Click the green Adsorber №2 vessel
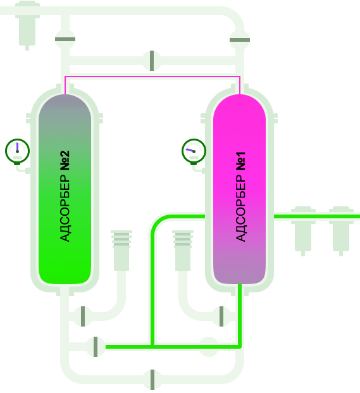coord(65,189)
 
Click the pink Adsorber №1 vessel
coord(240,189)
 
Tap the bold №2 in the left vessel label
coord(65,161)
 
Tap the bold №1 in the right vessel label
coord(241,161)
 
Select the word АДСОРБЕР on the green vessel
coord(65,208)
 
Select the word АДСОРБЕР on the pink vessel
coord(241,208)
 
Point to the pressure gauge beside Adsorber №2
coord(17,152)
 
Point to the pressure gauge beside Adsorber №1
coord(194,152)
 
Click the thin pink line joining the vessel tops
coord(152,77)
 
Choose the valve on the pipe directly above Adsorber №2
coord(65,39)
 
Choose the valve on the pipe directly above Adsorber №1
coord(240,40)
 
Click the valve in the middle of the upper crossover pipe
coord(152,61)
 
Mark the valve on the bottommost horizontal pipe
coord(152,380)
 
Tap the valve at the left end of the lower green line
coord(96,347)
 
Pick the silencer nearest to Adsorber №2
coord(121,251)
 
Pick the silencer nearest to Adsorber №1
coord(183,251)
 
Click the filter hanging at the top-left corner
coord(27,25)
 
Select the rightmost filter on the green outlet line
coord(341,231)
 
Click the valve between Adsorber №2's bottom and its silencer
coord(83,316)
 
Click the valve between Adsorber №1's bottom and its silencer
coord(221,316)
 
